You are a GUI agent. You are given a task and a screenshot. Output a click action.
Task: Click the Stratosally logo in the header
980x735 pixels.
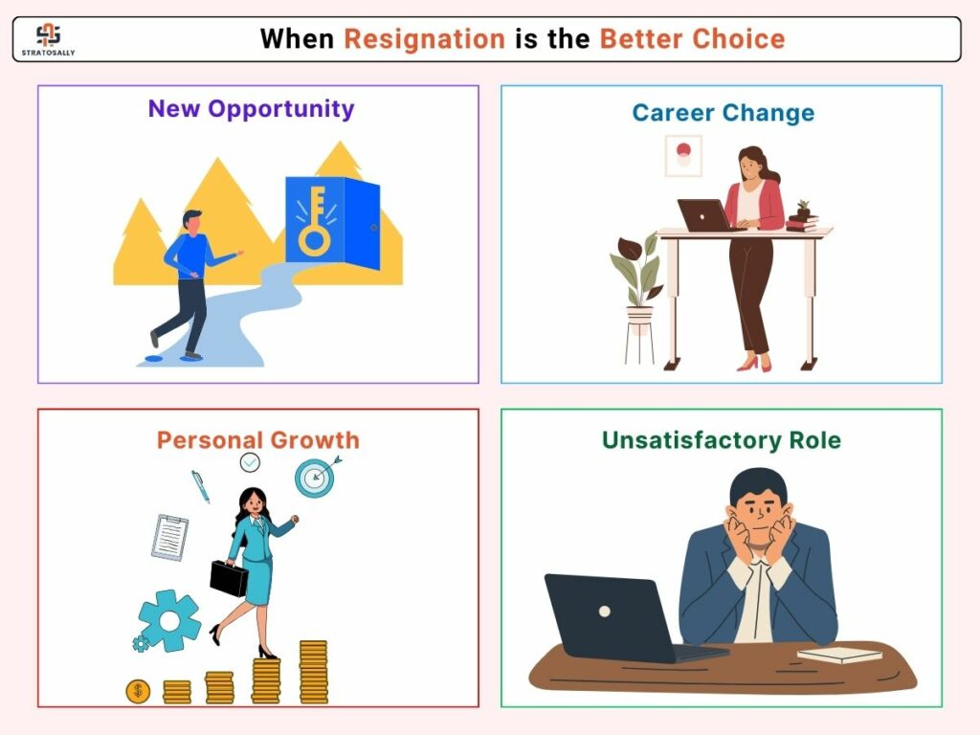coord(48,39)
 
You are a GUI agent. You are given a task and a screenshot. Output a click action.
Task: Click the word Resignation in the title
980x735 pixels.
coord(424,38)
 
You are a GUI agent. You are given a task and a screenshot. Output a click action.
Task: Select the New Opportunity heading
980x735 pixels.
coord(252,109)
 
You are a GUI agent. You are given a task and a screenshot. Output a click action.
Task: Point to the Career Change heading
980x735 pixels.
coord(724,113)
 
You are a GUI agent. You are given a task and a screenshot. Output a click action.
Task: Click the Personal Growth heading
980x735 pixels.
coord(258,440)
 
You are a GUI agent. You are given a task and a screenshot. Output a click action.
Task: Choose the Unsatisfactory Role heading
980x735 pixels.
coord(722,440)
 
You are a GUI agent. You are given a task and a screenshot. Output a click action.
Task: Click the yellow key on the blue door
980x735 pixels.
coord(315,221)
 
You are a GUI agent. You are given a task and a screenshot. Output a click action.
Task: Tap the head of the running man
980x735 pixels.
coord(192,222)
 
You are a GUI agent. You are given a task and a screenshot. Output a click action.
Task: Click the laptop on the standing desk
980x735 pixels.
coord(706,215)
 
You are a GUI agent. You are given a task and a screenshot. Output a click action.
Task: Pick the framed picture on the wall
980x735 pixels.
coord(683,156)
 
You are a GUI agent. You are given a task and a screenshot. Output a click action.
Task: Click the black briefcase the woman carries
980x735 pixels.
coord(229,578)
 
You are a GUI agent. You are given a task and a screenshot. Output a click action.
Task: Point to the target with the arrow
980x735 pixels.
coord(316,478)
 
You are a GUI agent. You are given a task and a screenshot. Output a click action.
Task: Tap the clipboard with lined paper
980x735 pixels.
coord(170,537)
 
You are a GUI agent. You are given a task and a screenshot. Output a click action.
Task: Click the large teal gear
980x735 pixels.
coord(169,620)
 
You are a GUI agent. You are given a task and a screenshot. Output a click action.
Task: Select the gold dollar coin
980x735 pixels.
coord(138,691)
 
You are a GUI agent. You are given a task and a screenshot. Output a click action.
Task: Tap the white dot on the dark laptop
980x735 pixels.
coord(605,612)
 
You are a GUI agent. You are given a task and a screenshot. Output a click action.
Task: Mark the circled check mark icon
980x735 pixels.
coord(250,462)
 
